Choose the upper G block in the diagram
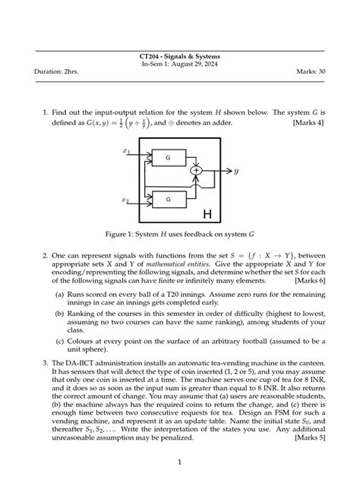(x=167, y=157)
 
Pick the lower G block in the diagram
(x=167, y=200)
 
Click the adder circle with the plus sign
(x=196, y=171)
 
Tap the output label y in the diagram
(x=236, y=171)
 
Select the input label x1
(x=127, y=152)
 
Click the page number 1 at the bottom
(x=179, y=461)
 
